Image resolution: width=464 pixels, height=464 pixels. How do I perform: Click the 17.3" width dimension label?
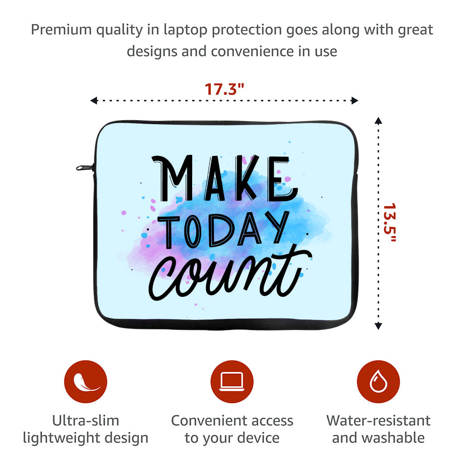pos(224,89)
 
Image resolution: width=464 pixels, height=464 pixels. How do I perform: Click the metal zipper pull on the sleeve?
pos(84,168)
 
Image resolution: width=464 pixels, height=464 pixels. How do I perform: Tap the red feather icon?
pos(86,382)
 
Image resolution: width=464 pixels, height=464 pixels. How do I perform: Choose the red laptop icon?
pos(232,382)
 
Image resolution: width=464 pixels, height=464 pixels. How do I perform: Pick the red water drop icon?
pos(378,382)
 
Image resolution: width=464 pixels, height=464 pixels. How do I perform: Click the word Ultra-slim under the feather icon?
pos(86,420)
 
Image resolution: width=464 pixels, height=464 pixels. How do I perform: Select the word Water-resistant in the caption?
pos(378,420)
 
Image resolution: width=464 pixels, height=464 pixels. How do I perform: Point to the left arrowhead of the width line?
pos(94,101)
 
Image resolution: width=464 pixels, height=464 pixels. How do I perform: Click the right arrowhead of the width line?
pos(355,101)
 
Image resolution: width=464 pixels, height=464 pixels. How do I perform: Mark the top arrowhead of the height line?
pos(378,120)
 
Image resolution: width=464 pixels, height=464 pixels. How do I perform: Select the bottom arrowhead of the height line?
pos(378,326)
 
